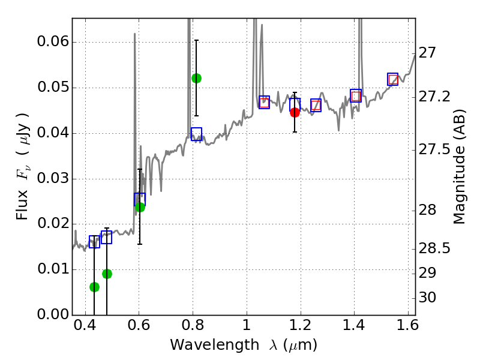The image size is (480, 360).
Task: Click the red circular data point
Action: tap(295, 112)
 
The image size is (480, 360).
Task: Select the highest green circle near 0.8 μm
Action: tap(196, 78)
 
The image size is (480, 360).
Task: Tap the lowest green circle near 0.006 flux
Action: tap(94, 287)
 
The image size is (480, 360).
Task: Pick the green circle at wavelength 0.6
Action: tap(140, 207)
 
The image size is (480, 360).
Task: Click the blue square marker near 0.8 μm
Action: tap(196, 134)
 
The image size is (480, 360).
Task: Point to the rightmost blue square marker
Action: tap(393, 79)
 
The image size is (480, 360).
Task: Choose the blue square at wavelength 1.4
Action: tap(356, 95)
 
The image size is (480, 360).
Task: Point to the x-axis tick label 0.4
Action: tap(85, 328)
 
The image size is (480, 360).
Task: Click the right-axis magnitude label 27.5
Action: tap(435, 149)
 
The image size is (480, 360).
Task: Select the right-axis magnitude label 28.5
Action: tap(435, 248)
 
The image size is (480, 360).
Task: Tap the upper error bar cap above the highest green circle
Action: tap(196, 40)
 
